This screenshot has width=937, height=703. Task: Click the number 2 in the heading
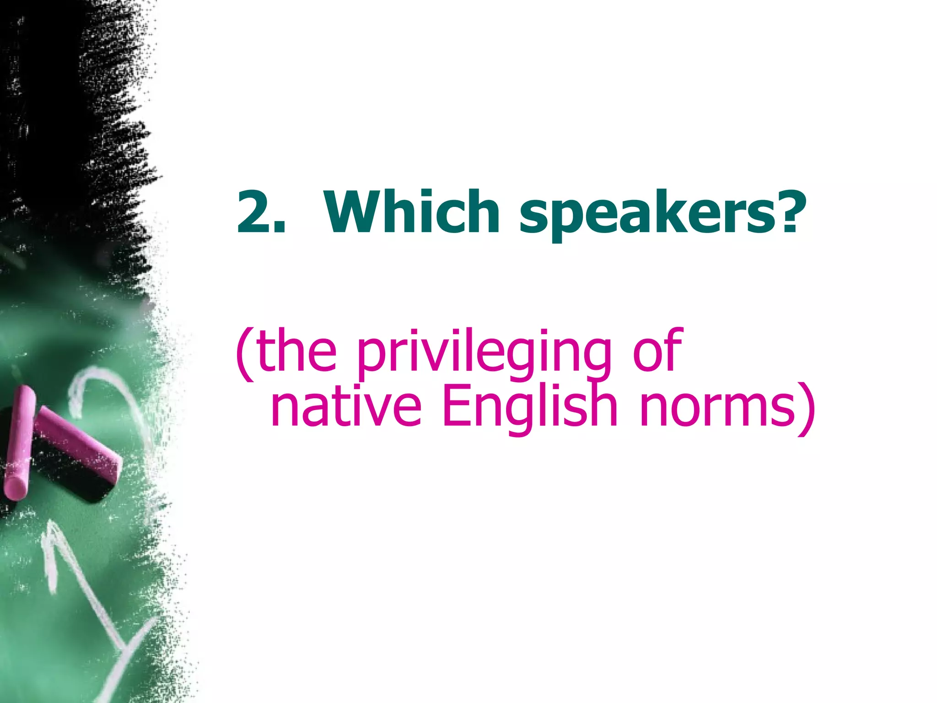254,211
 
